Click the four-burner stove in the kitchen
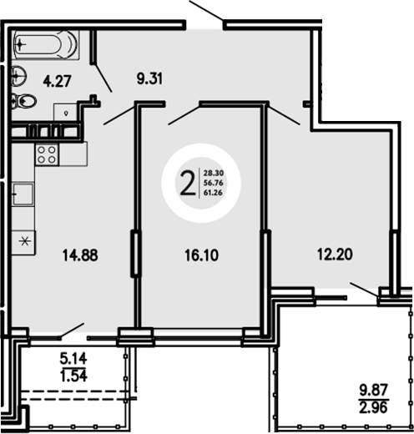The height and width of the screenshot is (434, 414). pyautogui.click(x=46, y=154)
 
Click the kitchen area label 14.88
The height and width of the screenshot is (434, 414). pyautogui.click(x=80, y=256)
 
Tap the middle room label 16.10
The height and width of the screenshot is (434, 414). pyautogui.click(x=199, y=256)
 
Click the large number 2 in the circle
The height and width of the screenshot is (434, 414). pyautogui.click(x=189, y=179)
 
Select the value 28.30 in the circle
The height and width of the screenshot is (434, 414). pyautogui.click(x=212, y=169)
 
